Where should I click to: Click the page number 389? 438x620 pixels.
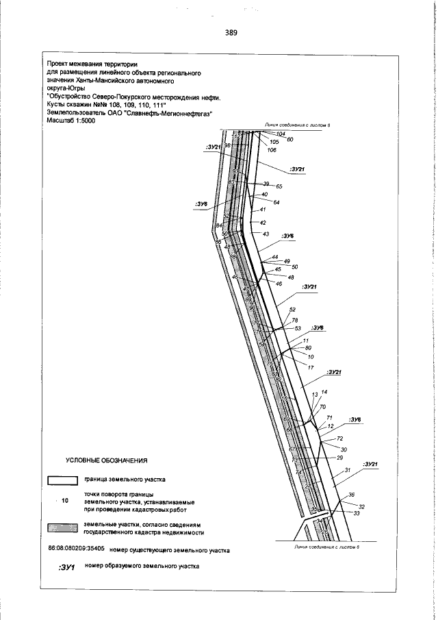point(230,32)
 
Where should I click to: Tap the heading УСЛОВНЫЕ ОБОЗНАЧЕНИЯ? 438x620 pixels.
point(106,459)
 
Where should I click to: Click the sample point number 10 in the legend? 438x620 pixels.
point(66,501)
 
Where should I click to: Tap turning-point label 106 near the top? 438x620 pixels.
point(272,150)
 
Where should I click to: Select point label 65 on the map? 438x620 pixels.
point(279,186)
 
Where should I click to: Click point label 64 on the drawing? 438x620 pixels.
point(276,202)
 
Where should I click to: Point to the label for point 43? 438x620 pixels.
point(267,234)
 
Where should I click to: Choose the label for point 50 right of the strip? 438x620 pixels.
point(295,266)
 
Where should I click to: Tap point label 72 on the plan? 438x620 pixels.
point(339,438)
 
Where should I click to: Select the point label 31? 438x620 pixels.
point(347,470)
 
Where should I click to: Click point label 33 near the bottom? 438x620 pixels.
point(357,513)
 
